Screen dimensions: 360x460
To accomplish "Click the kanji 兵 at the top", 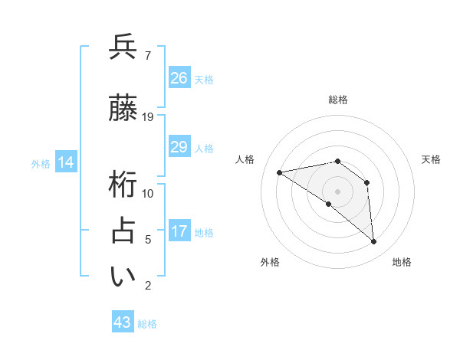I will (x=123, y=47).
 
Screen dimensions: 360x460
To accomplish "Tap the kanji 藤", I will (x=123, y=109).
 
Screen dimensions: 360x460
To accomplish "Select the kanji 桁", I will (x=123, y=185).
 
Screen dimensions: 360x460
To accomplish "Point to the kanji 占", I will (x=123, y=231).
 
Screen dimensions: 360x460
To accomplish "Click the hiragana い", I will (x=123, y=277).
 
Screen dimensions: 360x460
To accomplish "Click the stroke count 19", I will (x=148, y=117).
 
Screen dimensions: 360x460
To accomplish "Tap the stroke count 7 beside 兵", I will (x=147, y=56).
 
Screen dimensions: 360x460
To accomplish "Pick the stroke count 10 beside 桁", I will (x=148, y=194).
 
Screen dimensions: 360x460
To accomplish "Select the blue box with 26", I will (x=179, y=78).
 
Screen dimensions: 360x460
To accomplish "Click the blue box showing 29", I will (x=179, y=147).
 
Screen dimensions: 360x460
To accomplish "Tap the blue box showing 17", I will (x=179, y=231).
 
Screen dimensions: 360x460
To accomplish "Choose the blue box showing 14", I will (x=65, y=162).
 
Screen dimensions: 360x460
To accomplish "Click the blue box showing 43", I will (x=123, y=322).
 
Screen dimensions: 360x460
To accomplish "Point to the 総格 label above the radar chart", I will (x=337, y=100).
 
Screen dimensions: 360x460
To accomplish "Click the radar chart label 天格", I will (x=431, y=159).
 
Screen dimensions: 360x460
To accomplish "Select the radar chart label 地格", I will (x=402, y=262).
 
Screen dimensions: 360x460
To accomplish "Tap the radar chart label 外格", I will (x=270, y=262).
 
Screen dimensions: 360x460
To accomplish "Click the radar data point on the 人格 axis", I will (x=279, y=172).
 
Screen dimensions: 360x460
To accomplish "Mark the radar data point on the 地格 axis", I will (x=373, y=241).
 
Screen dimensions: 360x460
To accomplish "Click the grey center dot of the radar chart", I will (x=337, y=191).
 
